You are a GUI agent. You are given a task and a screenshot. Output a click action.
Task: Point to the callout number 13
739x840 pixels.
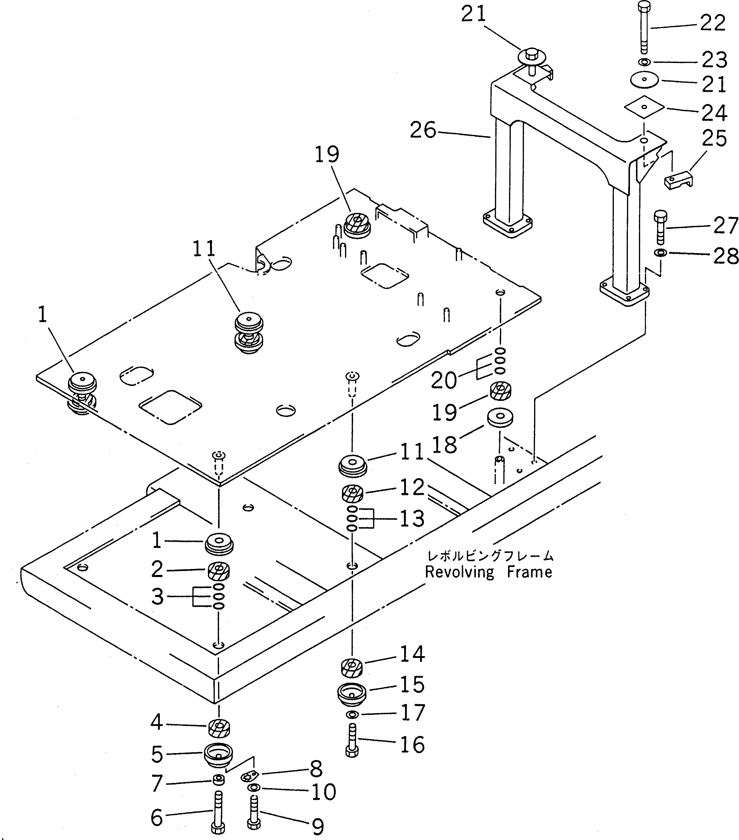(x=411, y=519)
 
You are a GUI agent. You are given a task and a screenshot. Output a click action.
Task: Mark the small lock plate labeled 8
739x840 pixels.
(x=249, y=777)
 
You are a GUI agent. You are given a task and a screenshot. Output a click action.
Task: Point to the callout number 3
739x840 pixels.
(x=157, y=596)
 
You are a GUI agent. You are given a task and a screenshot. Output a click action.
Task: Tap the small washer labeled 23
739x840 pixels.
(x=644, y=62)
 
